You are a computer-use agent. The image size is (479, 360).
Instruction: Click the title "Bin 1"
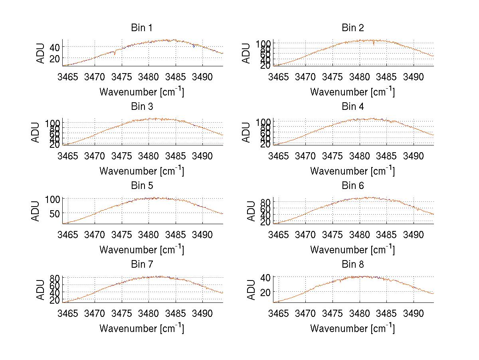coord(142,28)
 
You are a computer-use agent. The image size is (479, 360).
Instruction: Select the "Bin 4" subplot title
coord(352,107)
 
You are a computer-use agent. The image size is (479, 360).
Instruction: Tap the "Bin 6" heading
coord(352,185)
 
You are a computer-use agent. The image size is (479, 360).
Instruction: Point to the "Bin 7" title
coord(142,264)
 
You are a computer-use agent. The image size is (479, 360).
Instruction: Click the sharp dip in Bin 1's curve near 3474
coord(115,54)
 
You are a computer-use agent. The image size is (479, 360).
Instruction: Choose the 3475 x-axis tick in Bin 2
coord(333,76)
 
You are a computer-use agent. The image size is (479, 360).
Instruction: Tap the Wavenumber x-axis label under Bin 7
coord(142,328)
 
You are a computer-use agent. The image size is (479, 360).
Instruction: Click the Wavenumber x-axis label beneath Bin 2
coord(352,91)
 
